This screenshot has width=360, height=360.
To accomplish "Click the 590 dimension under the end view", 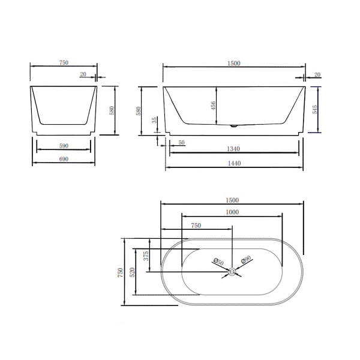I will (64, 145).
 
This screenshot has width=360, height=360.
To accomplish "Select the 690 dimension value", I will (64, 159).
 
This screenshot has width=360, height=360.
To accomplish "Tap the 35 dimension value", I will (155, 120).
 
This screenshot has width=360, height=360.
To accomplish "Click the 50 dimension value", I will (181, 143).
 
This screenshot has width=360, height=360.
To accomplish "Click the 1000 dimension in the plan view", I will (232, 211).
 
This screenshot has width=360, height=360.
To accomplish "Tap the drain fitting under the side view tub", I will (233, 127).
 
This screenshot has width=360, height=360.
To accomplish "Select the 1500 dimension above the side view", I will (233, 62).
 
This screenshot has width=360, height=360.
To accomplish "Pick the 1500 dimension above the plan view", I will (232, 200).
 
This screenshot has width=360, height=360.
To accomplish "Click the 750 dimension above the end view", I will (64, 62).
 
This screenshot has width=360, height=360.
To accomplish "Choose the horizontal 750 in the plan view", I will (195, 226).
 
